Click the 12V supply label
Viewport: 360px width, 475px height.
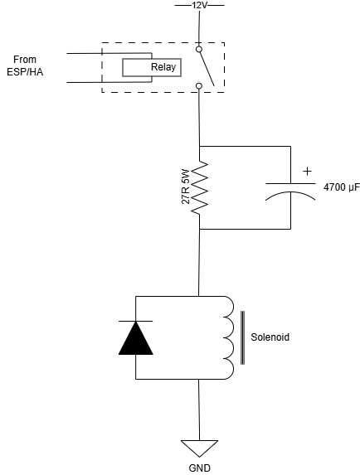199,5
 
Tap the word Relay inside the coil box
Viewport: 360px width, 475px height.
163,68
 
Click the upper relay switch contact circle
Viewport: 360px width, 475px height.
199,50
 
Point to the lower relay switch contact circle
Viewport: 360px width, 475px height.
199,85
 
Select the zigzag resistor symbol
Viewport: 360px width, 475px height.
199,187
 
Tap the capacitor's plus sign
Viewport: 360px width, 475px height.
308,171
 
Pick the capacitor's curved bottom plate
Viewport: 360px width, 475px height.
291,195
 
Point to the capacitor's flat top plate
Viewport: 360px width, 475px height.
291,183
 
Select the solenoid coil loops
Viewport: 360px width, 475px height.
226,337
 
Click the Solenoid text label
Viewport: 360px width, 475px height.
270,338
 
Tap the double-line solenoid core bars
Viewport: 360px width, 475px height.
242,338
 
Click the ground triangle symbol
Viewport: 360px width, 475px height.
199,448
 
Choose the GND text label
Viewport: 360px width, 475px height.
199,468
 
